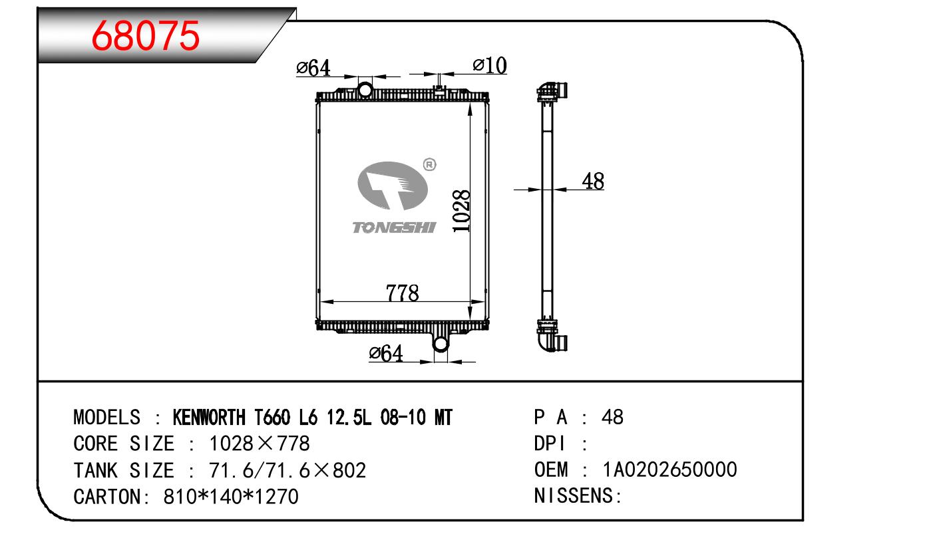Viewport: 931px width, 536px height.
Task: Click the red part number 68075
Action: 146,36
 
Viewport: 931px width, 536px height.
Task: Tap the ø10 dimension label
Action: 490,65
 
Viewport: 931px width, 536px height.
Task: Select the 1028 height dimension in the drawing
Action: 461,211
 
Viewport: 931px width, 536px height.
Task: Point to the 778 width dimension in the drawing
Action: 403,293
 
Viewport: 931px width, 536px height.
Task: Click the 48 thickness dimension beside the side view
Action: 593,181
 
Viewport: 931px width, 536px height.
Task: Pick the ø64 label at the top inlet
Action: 313,68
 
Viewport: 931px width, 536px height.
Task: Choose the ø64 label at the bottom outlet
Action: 386,353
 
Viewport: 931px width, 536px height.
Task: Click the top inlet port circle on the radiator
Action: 365,90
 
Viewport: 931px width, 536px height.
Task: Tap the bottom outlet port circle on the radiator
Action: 441,344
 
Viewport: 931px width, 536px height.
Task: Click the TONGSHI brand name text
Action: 394,227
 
